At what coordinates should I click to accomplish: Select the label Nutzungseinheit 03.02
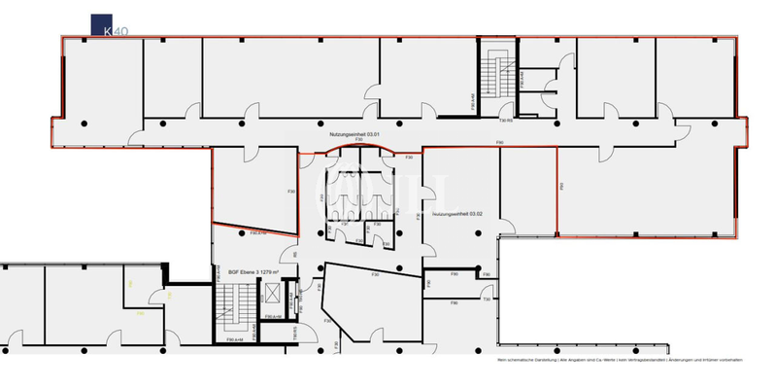click(457, 212)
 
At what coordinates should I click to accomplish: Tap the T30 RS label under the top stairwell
click(505, 122)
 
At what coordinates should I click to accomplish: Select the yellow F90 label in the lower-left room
click(139, 313)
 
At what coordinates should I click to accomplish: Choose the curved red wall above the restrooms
click(359, 149)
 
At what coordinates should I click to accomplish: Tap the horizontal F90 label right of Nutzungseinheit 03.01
click(499, 143)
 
